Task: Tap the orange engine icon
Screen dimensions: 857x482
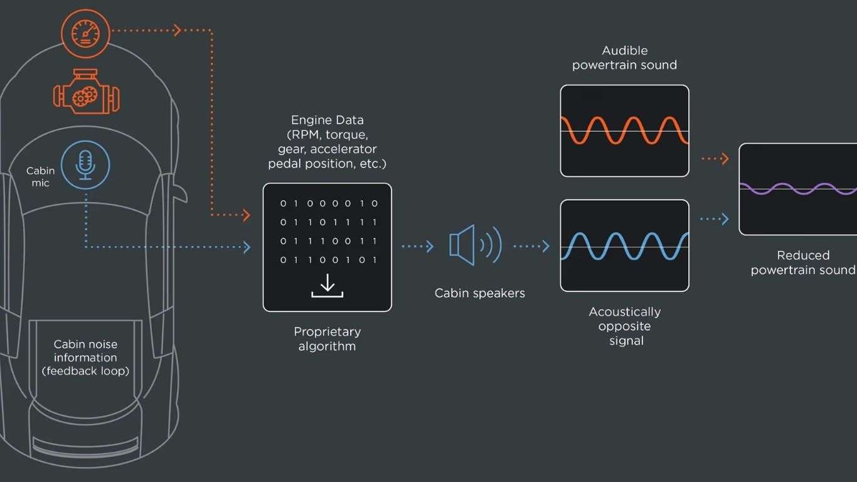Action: click(x=86, y=92)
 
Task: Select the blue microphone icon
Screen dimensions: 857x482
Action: click(x=85, y=165)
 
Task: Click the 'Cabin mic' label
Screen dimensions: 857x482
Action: click(x=41, y=176)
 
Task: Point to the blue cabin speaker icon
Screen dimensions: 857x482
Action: click(x=475, y=245)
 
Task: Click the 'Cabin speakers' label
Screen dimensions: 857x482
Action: click(x=480, y=293)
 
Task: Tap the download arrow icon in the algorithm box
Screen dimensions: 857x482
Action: click(x=327, y=286)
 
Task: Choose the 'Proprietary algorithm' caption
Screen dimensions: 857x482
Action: click(x=327, y=339)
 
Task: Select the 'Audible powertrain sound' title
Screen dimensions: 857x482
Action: click(x=624, y=58)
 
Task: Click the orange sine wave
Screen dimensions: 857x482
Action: click(x=624, y=130)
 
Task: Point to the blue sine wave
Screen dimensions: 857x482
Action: click(x=624, y=246)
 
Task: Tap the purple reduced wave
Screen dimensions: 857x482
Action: click(x=798, y=189)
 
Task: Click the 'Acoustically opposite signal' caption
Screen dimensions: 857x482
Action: click(x=625, y=326)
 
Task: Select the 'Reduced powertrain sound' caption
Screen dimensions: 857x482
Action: click(x=803, y=262)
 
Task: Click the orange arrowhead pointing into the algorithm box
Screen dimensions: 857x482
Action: click(x=247, y=215)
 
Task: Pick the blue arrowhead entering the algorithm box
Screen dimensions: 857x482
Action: click(x=247, y=247)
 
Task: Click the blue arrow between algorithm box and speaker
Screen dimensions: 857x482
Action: click(x=418, y=246)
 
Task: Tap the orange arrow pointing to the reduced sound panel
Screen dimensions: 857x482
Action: click(x=715, y=159)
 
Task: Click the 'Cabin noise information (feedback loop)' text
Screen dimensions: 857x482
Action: click(x=85, y=358)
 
